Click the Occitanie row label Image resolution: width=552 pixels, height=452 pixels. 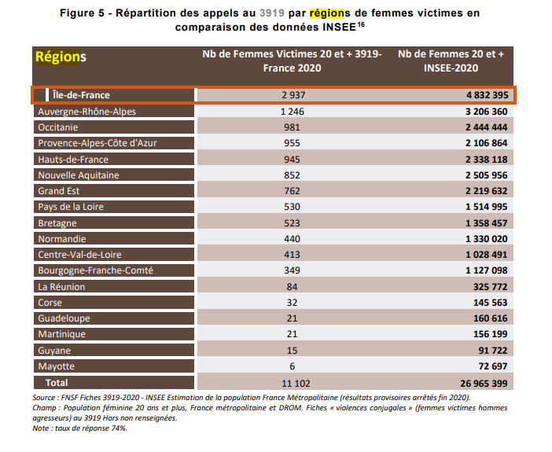(x=60, y=127)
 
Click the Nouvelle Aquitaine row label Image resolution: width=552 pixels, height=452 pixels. (x=79, y=175)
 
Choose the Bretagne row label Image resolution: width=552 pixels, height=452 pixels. (x=57, y=223)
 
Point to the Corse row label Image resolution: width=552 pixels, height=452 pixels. (x=51, y=303)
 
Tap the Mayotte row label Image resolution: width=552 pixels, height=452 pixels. (x=56, y=366)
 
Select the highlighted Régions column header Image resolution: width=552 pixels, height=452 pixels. (x=61, y=57)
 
